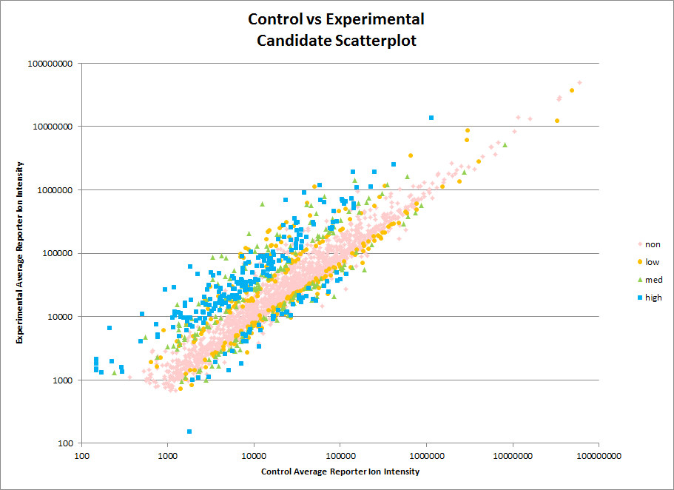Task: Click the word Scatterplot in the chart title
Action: (x=374, y=41)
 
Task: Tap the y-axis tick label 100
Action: (x=64, y=443)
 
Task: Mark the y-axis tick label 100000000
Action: (x=50, y=64)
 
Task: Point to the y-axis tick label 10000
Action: (x=59, y=317)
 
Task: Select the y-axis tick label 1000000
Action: (x=55, y=190)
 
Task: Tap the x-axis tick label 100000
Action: (x=340, y=455)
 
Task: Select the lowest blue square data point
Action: (x=189, y=432)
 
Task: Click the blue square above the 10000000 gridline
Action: (x=431, y=118)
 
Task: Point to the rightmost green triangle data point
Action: (x=505, y=145)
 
